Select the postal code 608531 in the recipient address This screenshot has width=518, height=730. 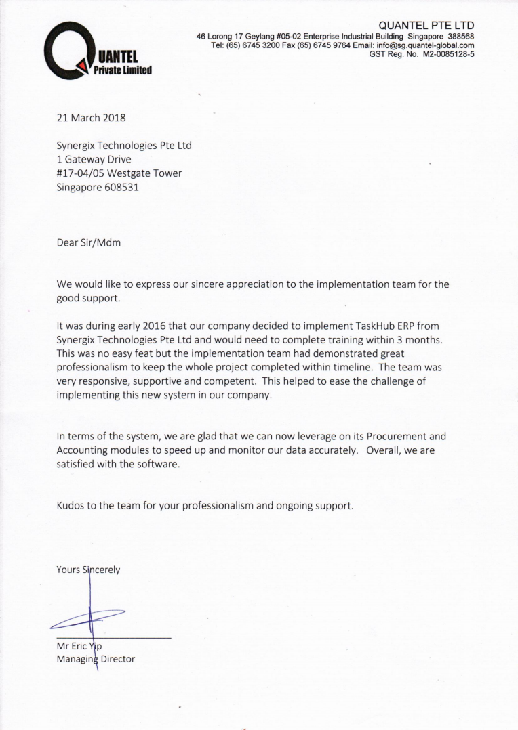pyautogui.click(x=120, y=188)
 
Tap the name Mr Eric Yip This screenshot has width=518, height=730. pyautogui.click(x=79, y=645)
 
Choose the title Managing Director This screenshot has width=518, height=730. pyautogui.click(x=96, y=658)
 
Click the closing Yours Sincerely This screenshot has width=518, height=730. pyautogui.click(x=88, y=570)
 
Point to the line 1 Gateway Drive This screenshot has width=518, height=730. pyautogui.click(x=94, y=159)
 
